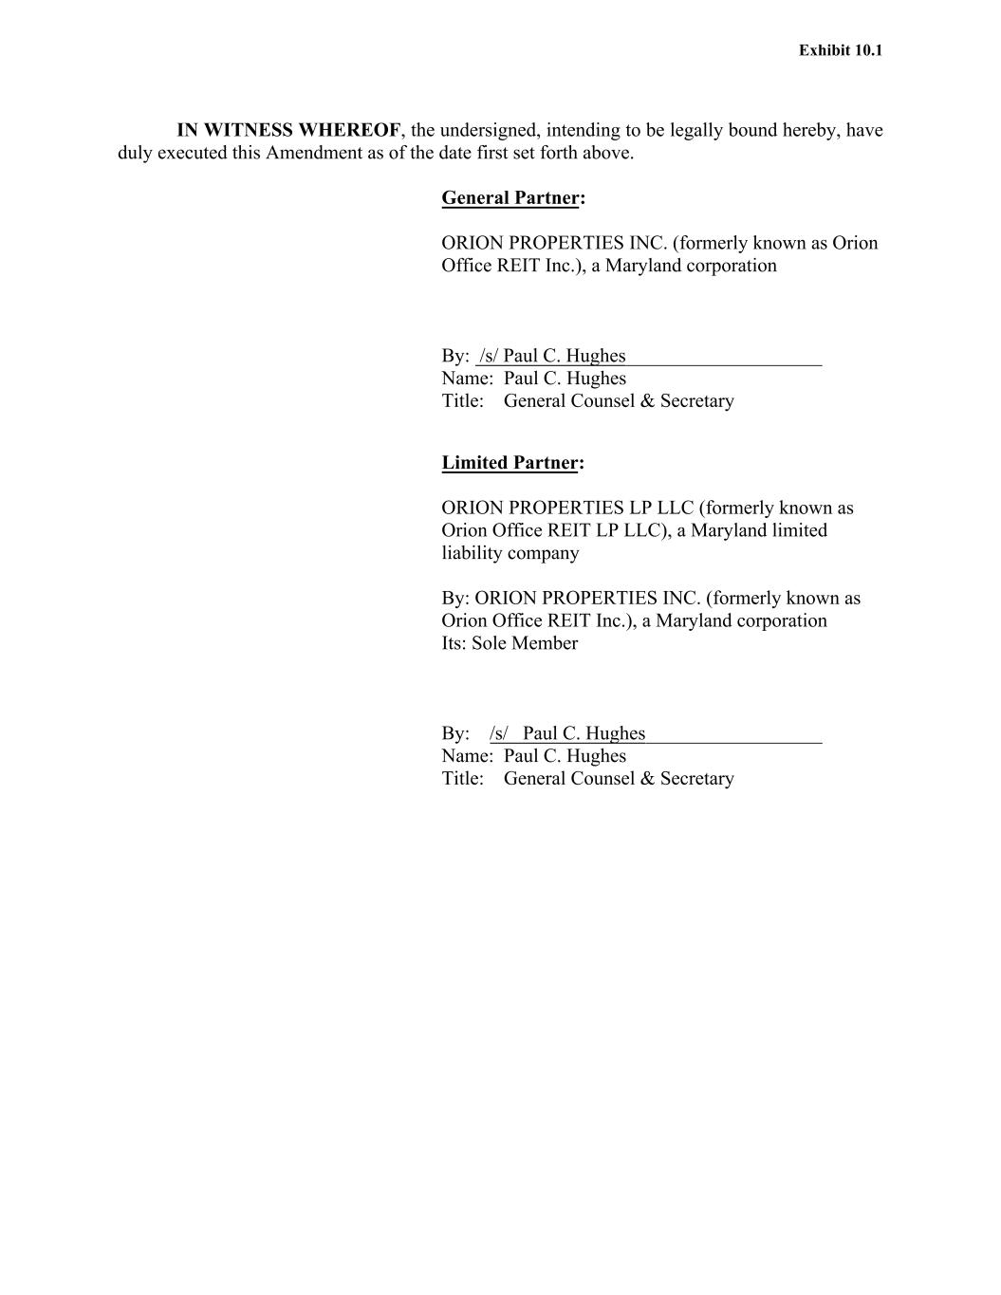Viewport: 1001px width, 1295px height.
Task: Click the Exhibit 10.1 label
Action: [840, 50]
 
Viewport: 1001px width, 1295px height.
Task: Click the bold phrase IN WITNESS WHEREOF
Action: [288, 130]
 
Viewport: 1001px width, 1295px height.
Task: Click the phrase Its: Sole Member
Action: [510, 642]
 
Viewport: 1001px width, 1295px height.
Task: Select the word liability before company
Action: [475, 552]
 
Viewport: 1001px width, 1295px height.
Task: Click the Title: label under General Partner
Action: [463, 400]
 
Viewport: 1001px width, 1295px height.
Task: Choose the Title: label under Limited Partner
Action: [463, 778]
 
